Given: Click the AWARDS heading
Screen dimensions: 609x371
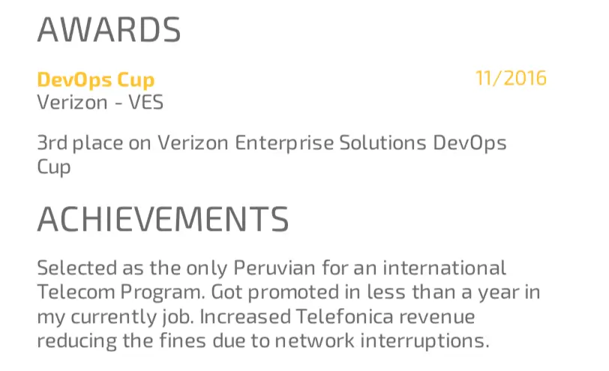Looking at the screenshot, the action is pyautogui.click(x=109, y=29).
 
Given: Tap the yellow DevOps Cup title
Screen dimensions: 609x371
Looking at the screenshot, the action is pyautogui.click(x=96, y=80).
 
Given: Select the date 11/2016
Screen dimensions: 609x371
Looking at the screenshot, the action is pyautogui.click(x=511, y=78).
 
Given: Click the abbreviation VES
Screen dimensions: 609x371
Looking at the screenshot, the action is pyautogui.click(x=146, y=103).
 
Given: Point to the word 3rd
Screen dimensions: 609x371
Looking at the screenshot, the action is pyautogui.click(x=52, y=142).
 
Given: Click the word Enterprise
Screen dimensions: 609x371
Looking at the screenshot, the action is pyautogui.click(x=284, y=144).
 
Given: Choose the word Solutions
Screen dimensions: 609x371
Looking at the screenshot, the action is pyautogui.click(x=383, y=142).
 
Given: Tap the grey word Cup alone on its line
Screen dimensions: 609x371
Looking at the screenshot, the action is pyautogui.click(x=54, y=168).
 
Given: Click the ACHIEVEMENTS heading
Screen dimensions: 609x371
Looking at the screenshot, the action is pyautogui.click(x=163, y=220).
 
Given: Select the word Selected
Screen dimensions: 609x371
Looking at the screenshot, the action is pyautogui.click(x=77, y=268).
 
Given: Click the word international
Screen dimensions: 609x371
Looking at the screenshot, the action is pyautogui.click(x=445, y=268).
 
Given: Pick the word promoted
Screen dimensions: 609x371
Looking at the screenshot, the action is pyautogui.click(x=294, y=293).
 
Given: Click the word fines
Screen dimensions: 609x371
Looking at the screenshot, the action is pyautogui.click(x=182, y=340).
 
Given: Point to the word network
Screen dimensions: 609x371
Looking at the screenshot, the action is pyautogui.click(x=314, y=340).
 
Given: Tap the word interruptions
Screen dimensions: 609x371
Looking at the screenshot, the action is pyautogui.click(x=425, y=342).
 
